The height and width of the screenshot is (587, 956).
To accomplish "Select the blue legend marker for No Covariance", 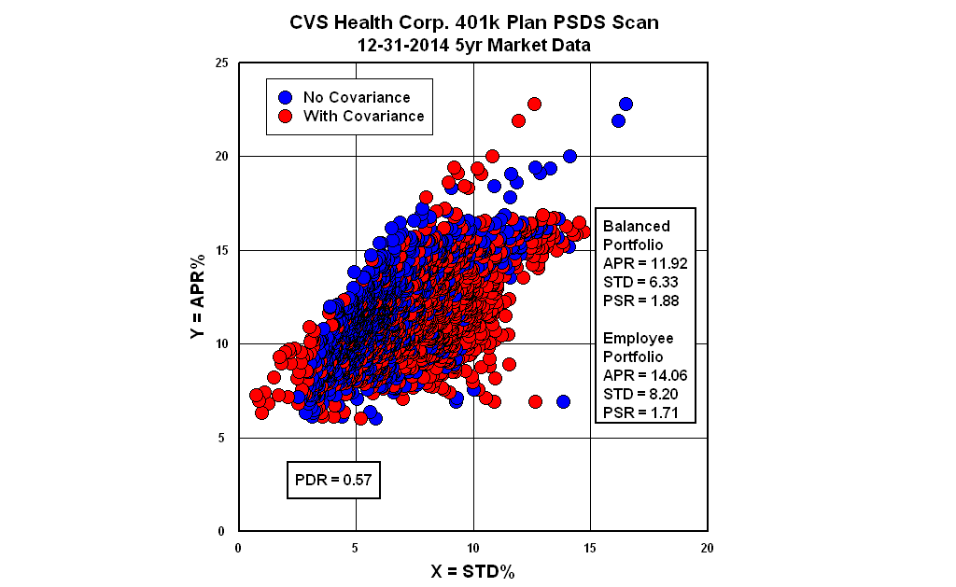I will (x=287, y=97).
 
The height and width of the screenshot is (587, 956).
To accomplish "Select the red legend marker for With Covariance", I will (x=287, y=117).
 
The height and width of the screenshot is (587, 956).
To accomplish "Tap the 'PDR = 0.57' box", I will (x=332, y=481).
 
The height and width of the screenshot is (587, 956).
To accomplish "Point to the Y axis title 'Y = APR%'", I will (x=199, y=297).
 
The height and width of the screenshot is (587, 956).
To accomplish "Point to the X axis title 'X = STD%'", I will (x=472, y=571).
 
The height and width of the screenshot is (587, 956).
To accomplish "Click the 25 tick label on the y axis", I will (x=221, y=63).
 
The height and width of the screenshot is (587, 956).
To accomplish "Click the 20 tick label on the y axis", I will (x=221, y=157).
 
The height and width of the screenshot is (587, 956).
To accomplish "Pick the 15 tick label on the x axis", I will (x=590, y=548).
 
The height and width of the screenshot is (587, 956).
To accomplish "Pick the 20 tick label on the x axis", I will (x=707, y=548).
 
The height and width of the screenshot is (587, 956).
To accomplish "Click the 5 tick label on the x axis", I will (x=356, y=548).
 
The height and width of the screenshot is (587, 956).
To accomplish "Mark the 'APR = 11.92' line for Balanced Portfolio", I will (x=645, y=263).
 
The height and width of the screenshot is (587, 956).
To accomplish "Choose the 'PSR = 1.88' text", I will (x=640, y=300).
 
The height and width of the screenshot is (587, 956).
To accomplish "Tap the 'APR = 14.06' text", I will (x=645, y=375).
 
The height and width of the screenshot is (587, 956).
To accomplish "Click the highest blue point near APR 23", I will (x=626, y=104).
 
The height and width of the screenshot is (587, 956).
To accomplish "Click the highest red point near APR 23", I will (x=534, y=104).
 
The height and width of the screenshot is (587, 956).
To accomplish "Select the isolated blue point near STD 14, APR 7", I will (x=563, y=401).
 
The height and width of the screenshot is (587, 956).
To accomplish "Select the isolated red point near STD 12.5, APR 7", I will (x=535, y=401).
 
